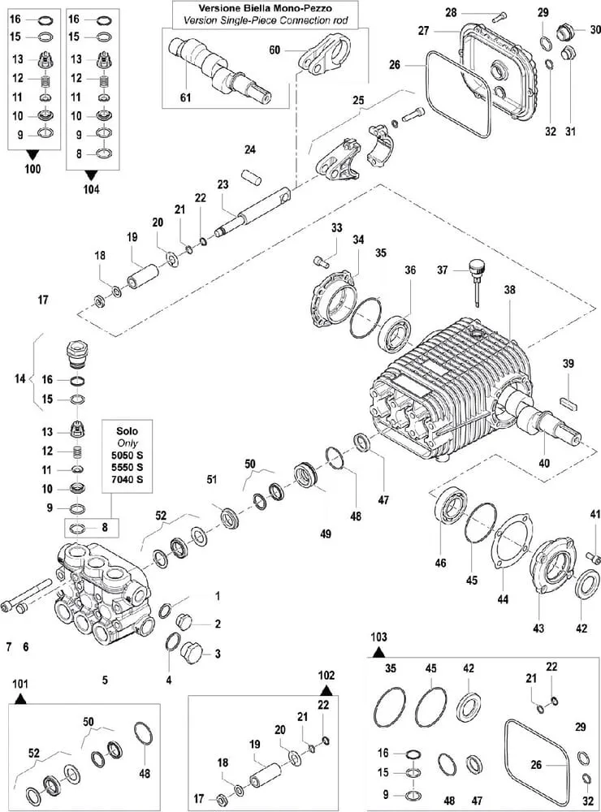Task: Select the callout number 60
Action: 275,50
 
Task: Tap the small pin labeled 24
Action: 251,175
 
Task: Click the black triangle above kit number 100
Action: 32,153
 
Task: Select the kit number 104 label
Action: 91,189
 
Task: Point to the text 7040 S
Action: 128,480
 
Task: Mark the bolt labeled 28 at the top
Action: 499,15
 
